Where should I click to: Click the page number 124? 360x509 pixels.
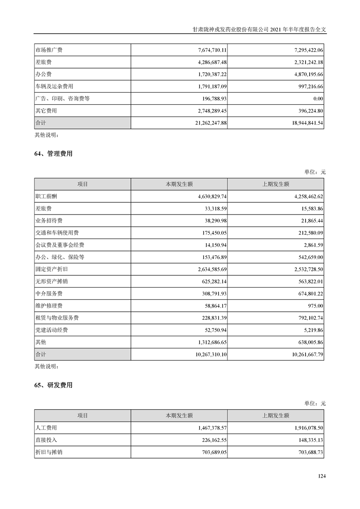click(322, 476)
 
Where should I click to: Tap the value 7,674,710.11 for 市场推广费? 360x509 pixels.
click(206, 50)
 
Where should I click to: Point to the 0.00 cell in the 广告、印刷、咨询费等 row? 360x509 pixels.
click(318, 98)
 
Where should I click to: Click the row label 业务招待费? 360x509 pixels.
click(49, 220)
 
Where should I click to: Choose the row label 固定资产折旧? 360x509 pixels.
click(51, 269)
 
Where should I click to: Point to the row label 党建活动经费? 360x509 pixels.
click(51, 330)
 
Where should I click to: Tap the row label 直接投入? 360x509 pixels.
click(46, 440)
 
